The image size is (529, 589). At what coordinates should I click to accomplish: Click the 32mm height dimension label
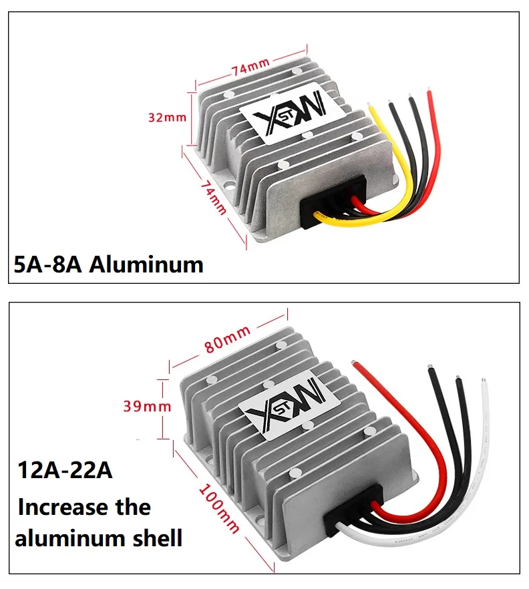pyautogui.click(x=167, y=117)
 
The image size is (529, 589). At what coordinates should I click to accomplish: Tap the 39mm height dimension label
pyautogui.click(x=148, y=405)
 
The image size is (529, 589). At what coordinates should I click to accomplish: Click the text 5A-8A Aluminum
pyautogui.click(x=109, y=264)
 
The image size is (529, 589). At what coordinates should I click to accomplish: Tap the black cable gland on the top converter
pyautogui.click(x=331, y=197)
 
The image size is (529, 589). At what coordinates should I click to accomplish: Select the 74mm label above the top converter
pyautogui.click(x=250, y=65)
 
